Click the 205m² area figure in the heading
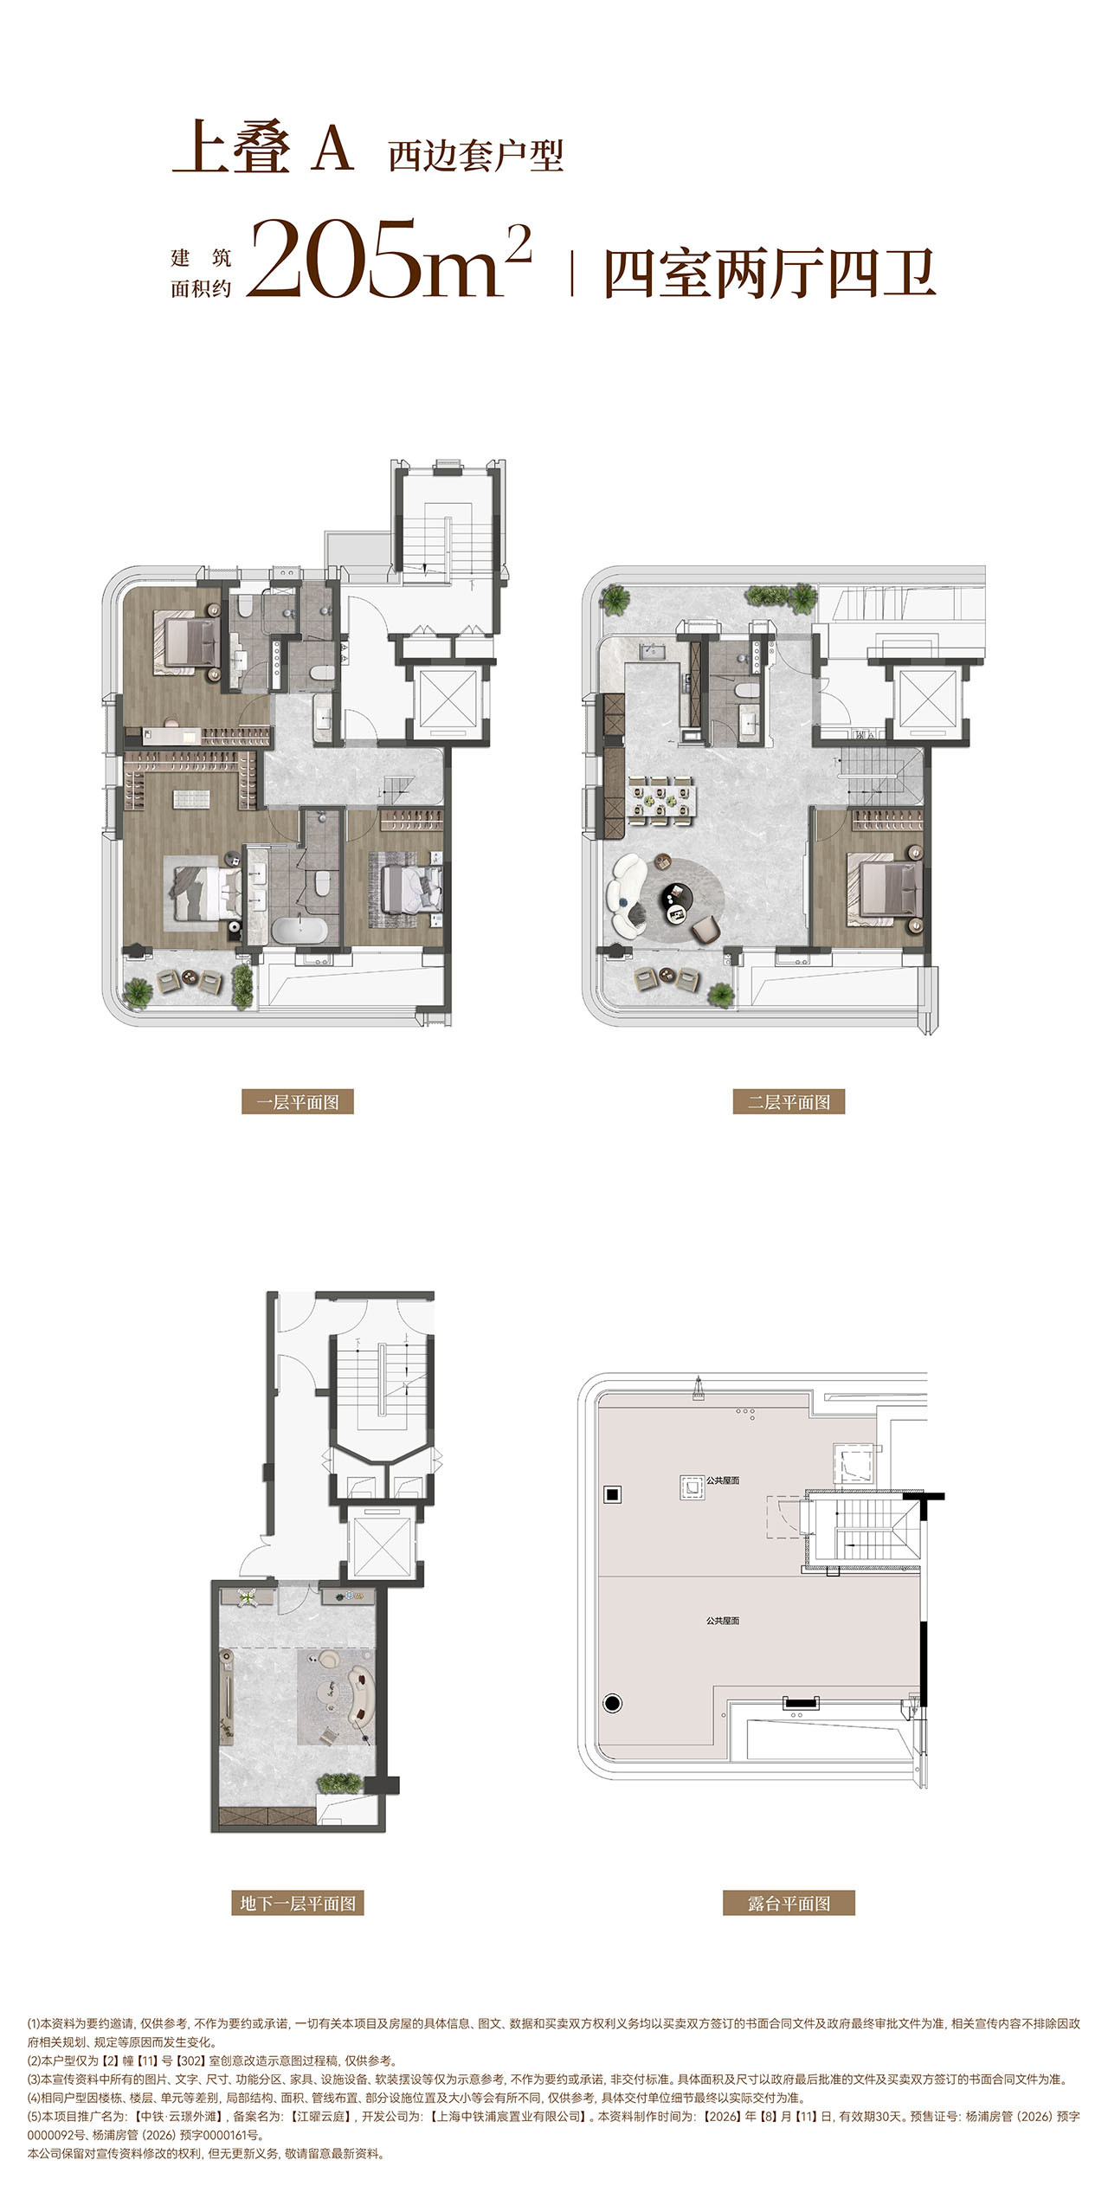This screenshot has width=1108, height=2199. click(x=388, y=258)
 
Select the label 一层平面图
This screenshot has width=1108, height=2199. click(x=297, y=1102)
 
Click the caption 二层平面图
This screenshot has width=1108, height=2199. click(x=789, y=1102)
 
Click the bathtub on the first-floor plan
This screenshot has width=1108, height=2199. click(x=300, y=931)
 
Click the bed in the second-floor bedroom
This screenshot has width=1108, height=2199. click(x=887, y=887)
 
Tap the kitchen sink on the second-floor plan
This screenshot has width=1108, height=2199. click(x=649, y=650)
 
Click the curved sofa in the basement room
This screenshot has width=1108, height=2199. click(x=359, y=1680)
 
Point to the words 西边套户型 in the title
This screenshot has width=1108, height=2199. click(x=476, y=156)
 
